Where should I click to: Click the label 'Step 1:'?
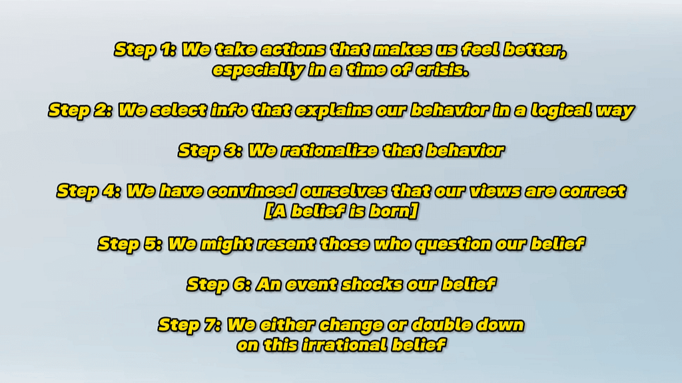click(145, 50)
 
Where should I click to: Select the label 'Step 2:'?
click(81, 111)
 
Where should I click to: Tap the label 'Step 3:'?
click(210, 151)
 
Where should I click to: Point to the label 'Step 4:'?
click(89, 191)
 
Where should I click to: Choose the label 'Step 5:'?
click(130, 245)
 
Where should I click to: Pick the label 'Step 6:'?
click(219, 285)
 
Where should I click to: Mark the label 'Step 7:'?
click(190, 325)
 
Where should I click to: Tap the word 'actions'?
click(293, 49)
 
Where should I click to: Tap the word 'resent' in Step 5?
click(286, 245)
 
